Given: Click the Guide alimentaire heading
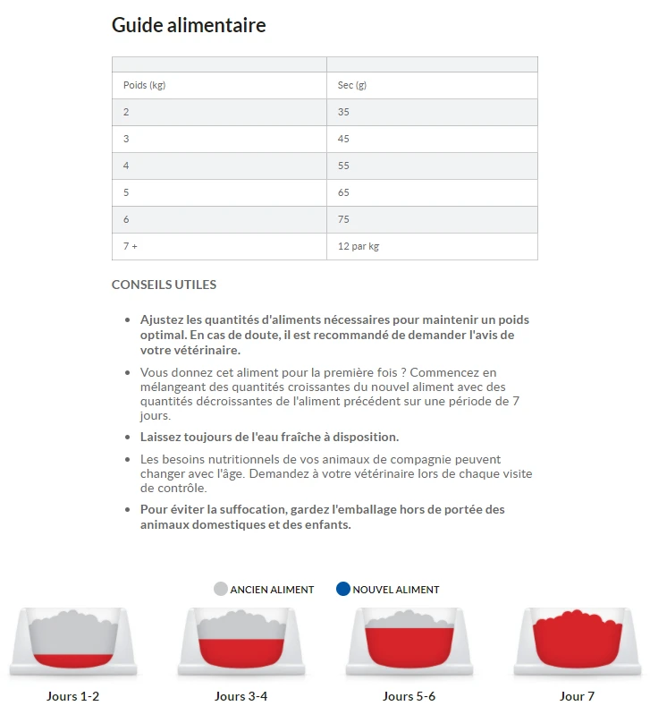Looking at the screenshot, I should [189, 25].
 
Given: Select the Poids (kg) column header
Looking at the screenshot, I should [144, 85].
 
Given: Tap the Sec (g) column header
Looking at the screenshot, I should [352, 85].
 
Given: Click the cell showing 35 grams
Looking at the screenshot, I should [344, 112].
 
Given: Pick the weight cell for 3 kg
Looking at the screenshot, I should [126, 139].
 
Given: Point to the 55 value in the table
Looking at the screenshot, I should [344, 166].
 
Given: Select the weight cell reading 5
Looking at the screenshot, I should [126, 192].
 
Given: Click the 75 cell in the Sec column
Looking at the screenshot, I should [344, 219].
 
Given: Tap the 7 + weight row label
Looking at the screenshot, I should [131, 246].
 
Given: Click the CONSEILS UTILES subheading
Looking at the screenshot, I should [164, 285].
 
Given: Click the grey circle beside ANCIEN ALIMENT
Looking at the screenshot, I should [221, 589].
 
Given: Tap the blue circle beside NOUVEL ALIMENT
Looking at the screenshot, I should [342, 589].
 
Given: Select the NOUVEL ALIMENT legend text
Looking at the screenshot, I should [396, 590].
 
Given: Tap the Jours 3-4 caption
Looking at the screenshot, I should [241, 696].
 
